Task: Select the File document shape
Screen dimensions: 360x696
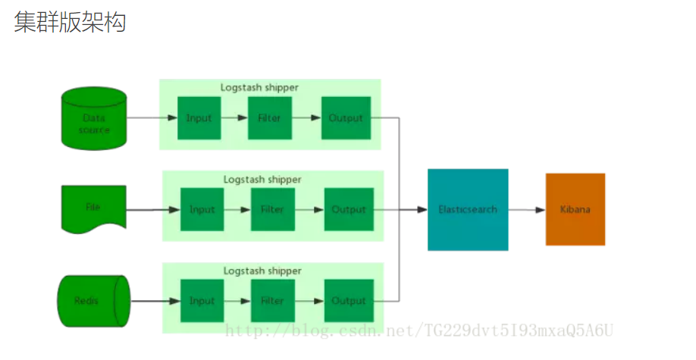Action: coord(93,207)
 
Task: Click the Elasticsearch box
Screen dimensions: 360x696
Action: coord(468,209)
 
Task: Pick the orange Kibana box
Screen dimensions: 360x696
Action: coord(575,209)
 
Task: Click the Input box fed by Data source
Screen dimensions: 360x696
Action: coord(199,118)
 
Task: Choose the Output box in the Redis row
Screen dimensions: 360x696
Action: coord(349,301)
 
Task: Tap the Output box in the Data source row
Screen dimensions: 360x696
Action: coord(346,118)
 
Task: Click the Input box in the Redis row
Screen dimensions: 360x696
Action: coord(202,301)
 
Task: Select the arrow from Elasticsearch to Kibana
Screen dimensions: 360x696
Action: coord(527,209)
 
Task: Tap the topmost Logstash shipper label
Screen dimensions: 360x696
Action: coord(259,87)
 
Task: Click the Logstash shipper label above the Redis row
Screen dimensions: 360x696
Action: coord(262,271)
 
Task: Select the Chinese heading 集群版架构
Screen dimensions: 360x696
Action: coord(70,23)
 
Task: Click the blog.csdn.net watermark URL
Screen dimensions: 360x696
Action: coord(420,330)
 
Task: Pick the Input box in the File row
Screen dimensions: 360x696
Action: coord(202,209)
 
